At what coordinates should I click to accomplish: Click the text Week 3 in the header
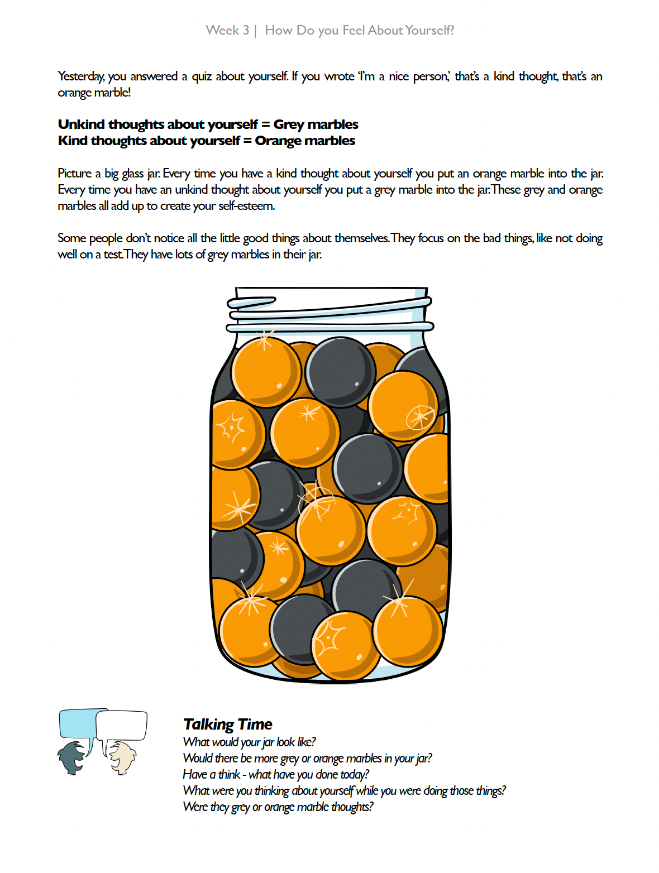click(227, 31)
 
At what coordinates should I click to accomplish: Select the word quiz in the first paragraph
click(202, 76)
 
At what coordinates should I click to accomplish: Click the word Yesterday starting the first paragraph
click(81, 76)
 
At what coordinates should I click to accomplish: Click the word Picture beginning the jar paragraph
click(74, 174)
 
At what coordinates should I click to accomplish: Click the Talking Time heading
click(227, 725)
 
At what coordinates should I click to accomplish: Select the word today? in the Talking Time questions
click(355, 775)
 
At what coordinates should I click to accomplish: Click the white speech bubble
click(122, 725)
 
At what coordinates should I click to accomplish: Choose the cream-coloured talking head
click(122, 757)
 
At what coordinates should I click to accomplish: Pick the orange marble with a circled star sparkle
click(403, 406)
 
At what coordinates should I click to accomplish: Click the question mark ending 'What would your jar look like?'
click(313, 742)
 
